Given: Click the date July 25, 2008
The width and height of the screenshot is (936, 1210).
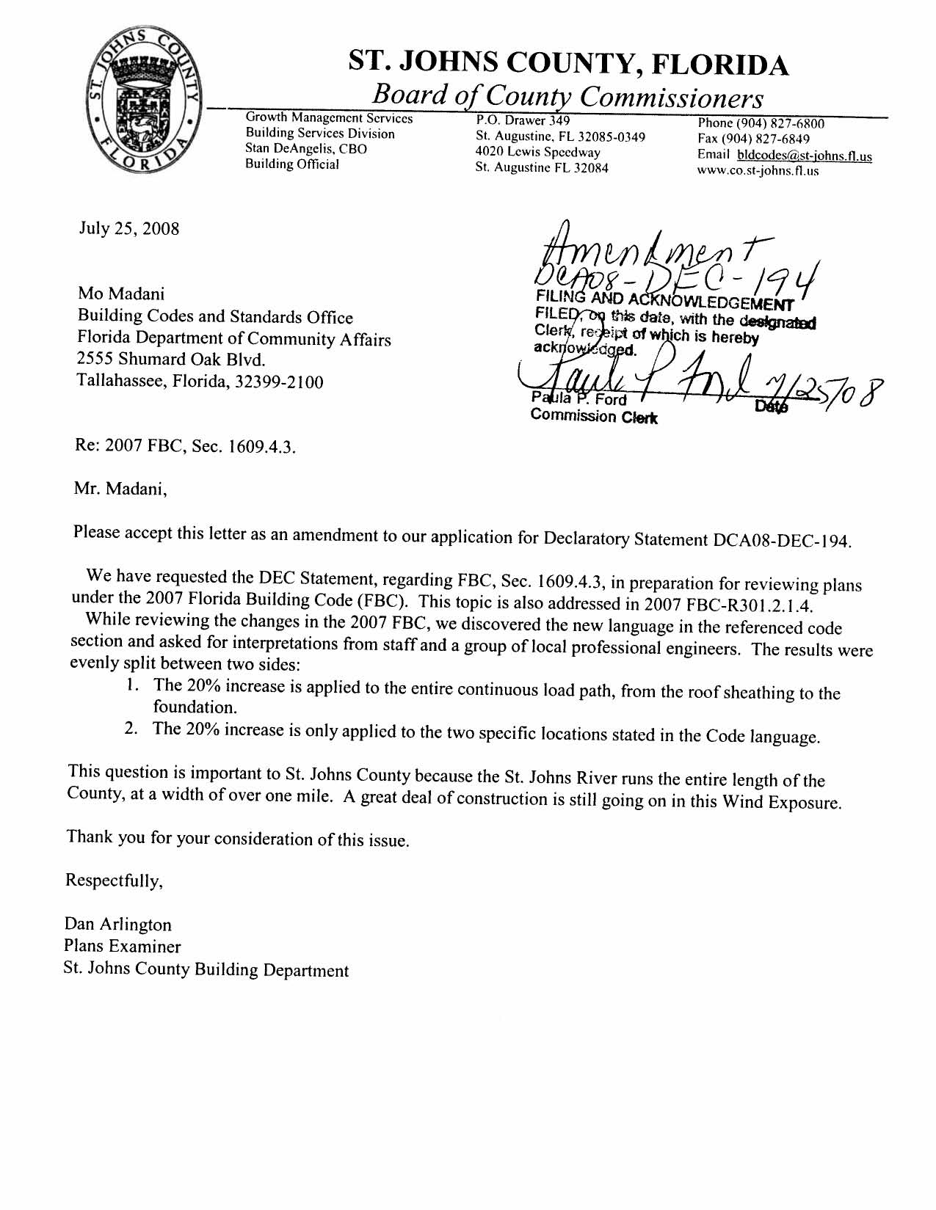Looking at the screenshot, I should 129,228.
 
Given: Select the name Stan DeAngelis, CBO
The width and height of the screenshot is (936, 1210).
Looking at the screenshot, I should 305,149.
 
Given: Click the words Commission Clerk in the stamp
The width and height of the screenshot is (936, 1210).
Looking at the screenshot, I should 594,417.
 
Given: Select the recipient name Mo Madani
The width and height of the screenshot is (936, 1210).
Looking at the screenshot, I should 122,294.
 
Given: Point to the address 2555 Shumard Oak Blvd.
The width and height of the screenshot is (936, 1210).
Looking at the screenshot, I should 171,360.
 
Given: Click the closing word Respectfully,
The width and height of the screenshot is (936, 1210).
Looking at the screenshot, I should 114,880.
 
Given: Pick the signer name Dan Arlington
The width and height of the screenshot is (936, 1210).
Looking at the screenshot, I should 118,925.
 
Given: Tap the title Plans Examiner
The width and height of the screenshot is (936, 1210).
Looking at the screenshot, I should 123,947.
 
